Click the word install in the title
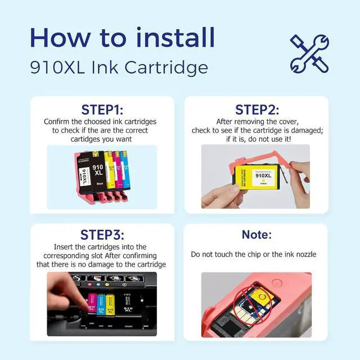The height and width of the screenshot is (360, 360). click(x=175, y=37)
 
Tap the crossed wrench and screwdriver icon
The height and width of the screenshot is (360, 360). click(x=309, y=54)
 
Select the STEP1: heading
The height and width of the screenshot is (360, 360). click(x=102, y=110)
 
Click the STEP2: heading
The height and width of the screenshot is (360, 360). click(x=257, y=110)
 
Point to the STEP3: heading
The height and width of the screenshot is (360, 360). click(x=102, y=235)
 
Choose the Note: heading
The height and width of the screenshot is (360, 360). click(x=256, y=235)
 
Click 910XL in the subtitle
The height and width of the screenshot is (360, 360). click(x=57, y=67)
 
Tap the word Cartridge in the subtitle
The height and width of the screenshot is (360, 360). click(x=166, y=67)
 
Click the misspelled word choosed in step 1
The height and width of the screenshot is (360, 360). click(x=98, y=121)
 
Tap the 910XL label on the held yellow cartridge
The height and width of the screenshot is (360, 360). click(x=263, y=175)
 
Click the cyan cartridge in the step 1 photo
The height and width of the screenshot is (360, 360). click(x=125, y=170)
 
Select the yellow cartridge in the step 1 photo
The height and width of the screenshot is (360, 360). click(x=110, y=170)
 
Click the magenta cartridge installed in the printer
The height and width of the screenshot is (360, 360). click(x=92, y=303)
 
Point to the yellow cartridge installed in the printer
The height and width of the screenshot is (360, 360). click(x=110, y=305)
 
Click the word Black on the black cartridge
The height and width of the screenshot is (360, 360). click(x=100, y=184)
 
